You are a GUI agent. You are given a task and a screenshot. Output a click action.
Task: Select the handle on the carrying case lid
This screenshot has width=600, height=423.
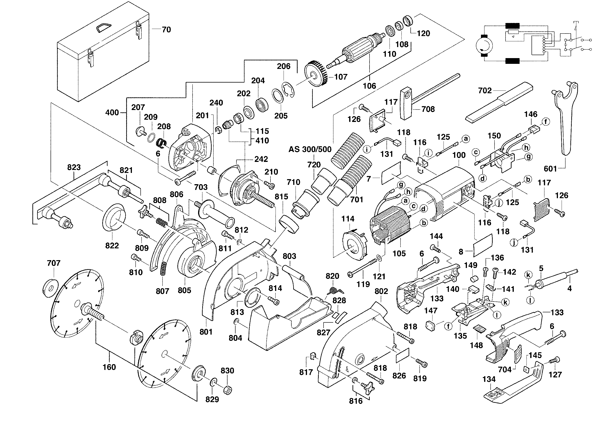click(x=104, y=27)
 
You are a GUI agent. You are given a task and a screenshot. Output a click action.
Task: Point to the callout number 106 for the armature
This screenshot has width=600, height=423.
click(x=369, y=86)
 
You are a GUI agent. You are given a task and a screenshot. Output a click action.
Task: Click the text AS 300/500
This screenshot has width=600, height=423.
click(x=310, y=149)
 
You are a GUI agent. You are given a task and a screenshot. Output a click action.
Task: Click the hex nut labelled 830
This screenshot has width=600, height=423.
click(x=228, y=390)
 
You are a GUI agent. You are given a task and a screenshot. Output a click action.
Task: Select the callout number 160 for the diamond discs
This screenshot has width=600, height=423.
click(x=109, y=367)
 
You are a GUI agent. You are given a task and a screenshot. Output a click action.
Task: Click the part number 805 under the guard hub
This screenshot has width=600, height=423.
click(x=184, y=290)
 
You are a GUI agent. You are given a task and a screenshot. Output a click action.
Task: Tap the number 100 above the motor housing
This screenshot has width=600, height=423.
click(x=459, y=155)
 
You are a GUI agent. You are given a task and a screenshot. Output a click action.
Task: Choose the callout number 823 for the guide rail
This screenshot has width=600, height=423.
click(x=74, y=167)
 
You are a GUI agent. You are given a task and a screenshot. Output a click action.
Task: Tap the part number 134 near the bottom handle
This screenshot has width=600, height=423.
click(x=489, y=379)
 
